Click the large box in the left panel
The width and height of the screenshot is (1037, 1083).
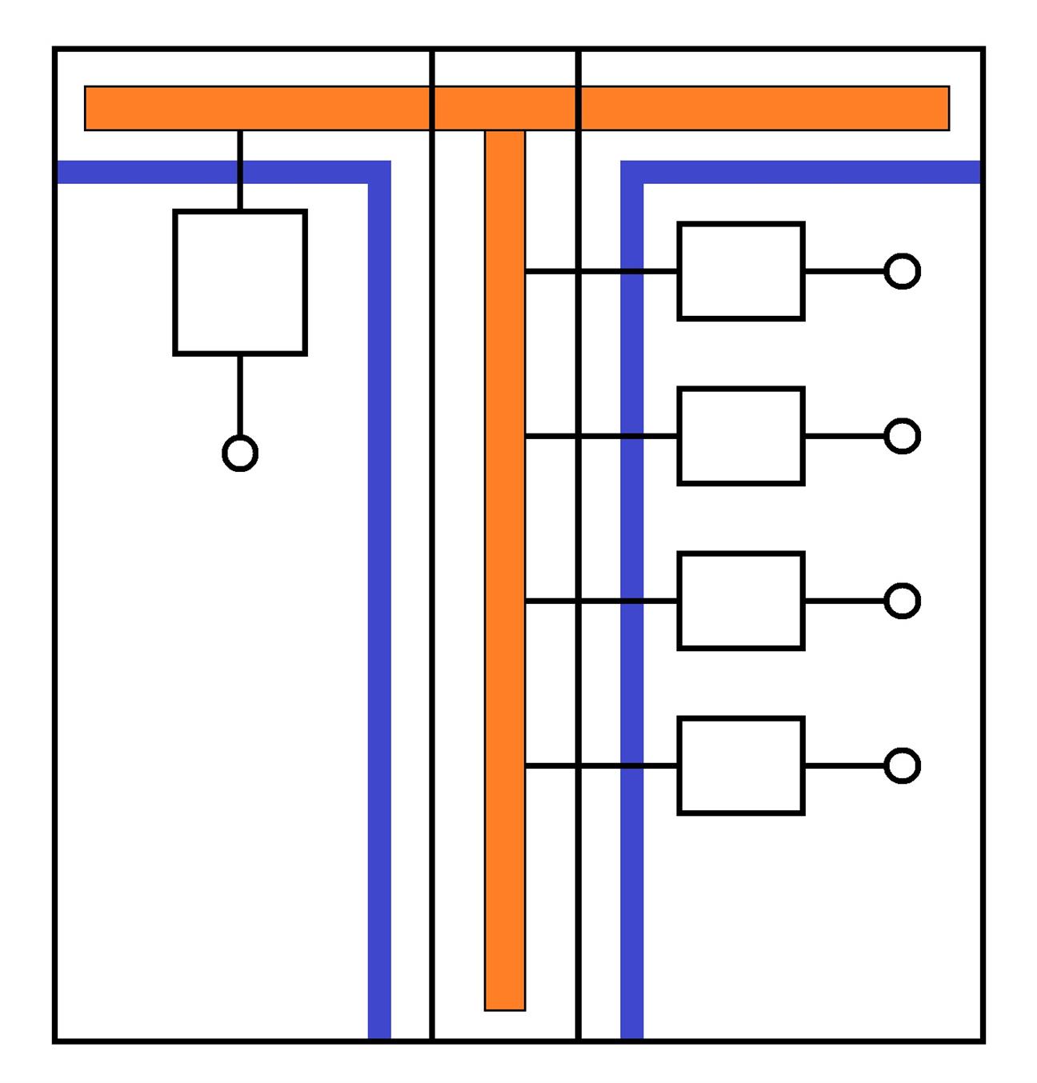click(240, 282)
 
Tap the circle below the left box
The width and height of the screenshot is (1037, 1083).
click(240, 454)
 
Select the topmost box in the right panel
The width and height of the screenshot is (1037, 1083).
click(741, 271)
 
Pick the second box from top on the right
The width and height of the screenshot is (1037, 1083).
click(741, 436)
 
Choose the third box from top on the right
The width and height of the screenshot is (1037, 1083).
click(741, 601)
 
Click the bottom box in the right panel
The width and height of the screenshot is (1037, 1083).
click(741, 765)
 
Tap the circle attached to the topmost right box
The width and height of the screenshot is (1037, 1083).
click(903, 271)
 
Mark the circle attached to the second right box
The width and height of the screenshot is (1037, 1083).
click(903, 436)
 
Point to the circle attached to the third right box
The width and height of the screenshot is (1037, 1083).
click(903, 601)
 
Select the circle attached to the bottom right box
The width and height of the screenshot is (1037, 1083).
click(903, 765)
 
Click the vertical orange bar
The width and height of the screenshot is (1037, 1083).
click(505, 560)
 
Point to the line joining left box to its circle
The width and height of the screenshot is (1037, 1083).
click(240, 396)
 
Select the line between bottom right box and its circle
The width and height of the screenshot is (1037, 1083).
click(844, 765)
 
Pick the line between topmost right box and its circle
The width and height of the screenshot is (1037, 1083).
click(844, 271)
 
